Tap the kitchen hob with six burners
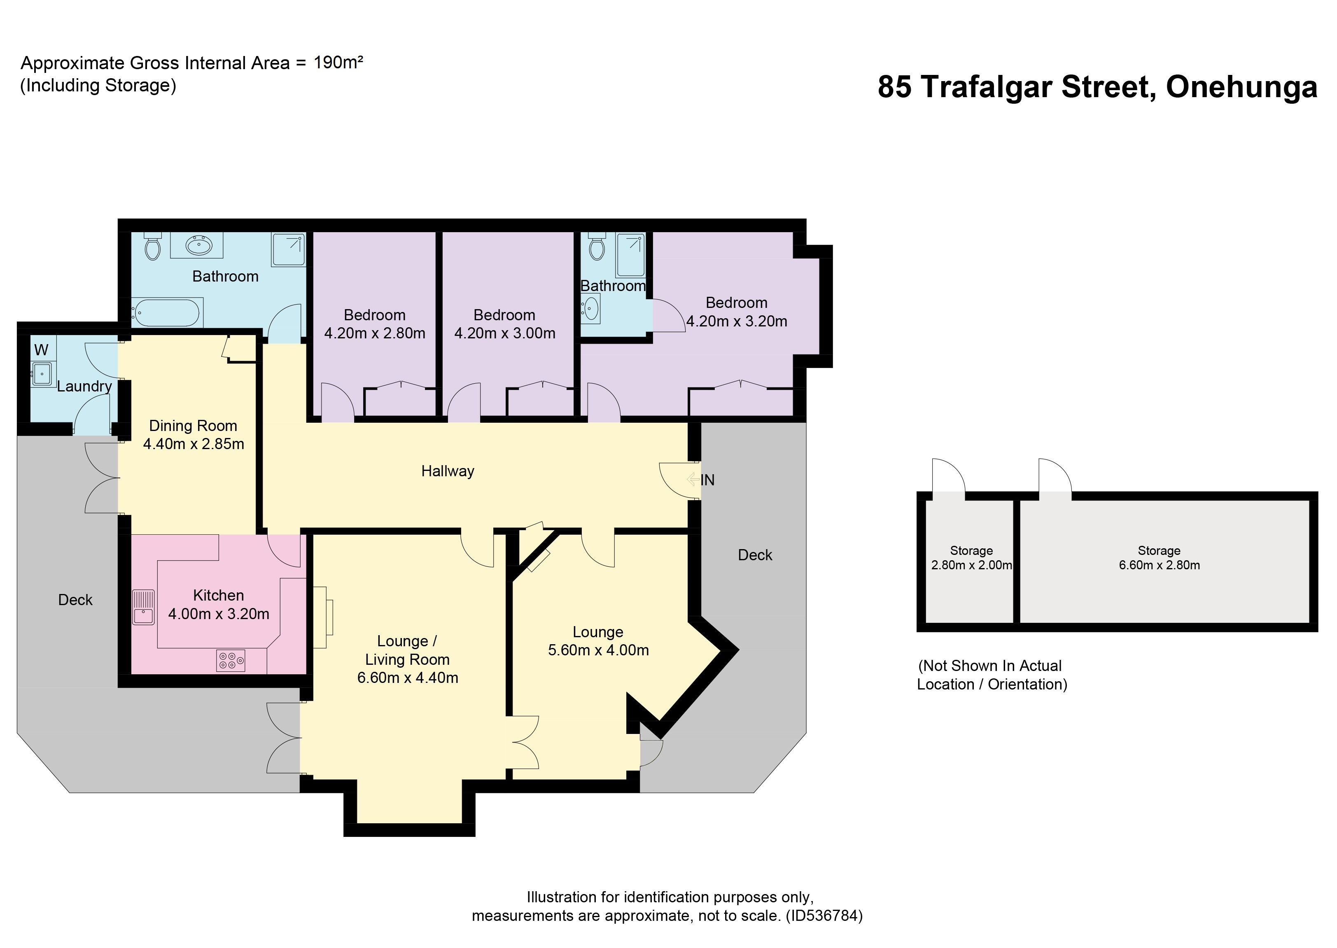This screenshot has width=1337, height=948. click(x=231, y=661)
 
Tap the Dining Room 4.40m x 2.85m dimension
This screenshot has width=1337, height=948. click(x=193, y=444)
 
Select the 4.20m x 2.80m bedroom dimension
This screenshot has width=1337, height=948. click(x=374, y=333)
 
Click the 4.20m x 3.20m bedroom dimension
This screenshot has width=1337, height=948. click(x=736, y=321)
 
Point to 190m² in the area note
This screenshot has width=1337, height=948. click(x=338, y=62)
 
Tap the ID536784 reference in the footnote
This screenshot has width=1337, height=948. click(x=823, y=915)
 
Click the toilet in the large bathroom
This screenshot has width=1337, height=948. click(x=152, y=246)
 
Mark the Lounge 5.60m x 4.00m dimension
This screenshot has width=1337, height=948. click(x=598, y=650)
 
